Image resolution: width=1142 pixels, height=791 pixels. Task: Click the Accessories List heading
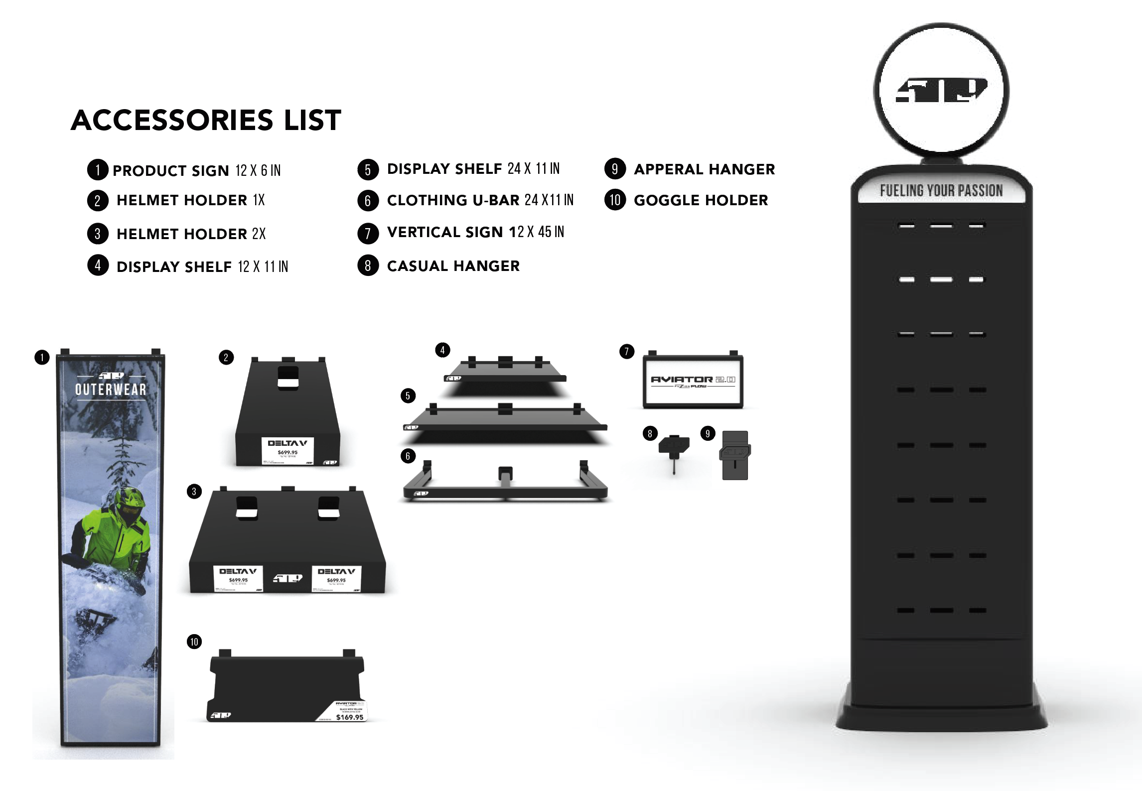point(206,121)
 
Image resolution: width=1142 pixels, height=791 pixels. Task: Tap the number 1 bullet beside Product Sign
point(98,170)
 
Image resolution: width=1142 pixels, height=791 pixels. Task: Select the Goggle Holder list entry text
point(701,200)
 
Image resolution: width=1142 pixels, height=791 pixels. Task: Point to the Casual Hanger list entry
point(453,266)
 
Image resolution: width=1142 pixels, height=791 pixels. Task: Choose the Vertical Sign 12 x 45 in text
point(475,232)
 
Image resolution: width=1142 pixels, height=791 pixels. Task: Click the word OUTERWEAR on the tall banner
point(111,390)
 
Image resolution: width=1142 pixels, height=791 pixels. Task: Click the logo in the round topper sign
point(941,91)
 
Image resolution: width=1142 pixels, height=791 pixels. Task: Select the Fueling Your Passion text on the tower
point(941,191)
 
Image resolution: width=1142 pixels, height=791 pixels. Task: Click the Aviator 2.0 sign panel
point(693,382)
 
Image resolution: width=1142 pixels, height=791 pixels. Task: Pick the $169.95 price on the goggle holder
point(349,717)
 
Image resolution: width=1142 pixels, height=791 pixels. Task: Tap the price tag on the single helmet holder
point(287,450)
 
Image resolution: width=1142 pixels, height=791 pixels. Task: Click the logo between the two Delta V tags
point(287,578)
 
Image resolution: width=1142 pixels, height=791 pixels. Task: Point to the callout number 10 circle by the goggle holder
point(194,642)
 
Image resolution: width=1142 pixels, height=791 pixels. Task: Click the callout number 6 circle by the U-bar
point(408,456)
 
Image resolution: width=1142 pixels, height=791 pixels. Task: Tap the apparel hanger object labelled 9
point(735,455)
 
